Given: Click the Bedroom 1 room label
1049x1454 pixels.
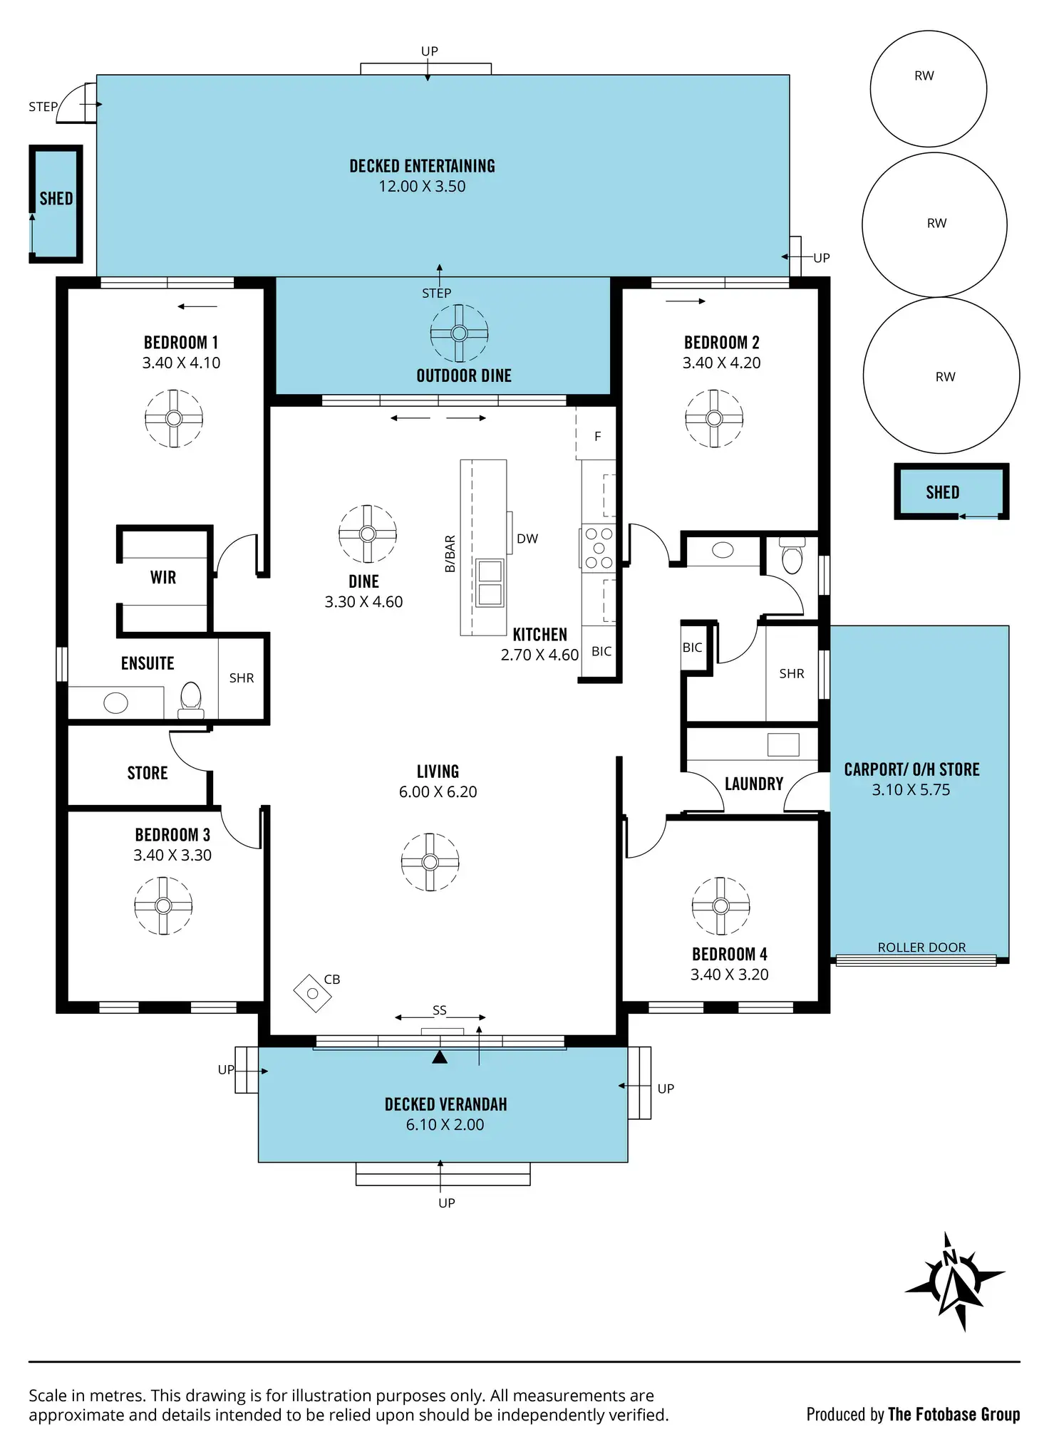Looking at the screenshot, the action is (181, 343).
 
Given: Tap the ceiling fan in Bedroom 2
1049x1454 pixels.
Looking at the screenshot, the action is (714, 419).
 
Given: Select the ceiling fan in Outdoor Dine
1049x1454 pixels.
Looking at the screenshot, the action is (459, 333).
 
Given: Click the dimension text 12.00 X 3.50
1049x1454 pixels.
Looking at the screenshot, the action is (422, 187).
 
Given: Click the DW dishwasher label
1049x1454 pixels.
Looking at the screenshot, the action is (527, 539).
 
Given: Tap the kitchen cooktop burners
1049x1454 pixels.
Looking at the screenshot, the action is (599, 548).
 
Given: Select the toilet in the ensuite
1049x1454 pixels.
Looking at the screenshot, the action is (191, 700).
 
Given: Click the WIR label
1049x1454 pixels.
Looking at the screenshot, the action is (163, 578).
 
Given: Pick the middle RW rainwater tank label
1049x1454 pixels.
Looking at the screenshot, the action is (936, 224).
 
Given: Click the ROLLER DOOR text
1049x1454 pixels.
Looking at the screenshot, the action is (921, 947).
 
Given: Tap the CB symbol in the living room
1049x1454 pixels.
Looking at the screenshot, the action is (313, 993).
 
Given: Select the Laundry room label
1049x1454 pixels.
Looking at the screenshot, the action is (754, 784).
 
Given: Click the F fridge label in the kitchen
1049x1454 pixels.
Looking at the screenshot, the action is (598, 437).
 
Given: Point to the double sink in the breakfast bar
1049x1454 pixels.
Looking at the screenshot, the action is (490, 583).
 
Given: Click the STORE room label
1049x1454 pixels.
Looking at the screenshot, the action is (148, 774).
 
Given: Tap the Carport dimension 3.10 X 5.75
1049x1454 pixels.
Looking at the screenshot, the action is (911, 790).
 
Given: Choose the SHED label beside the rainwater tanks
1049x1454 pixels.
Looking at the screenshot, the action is (942, 493).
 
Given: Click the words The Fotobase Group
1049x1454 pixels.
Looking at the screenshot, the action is (954, 1415).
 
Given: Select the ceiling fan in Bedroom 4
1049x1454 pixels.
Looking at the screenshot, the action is (720, 906).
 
